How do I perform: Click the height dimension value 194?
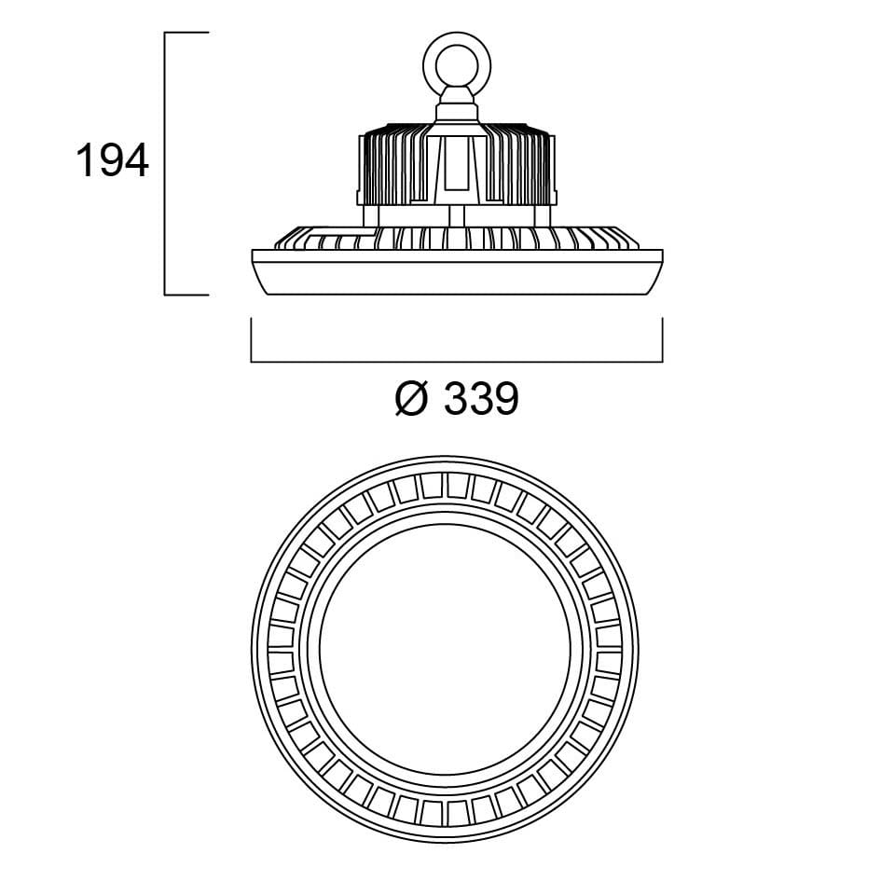pyautogui.click(x=113, y=160)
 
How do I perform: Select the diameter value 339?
pyautogui.click(x=481, y=398)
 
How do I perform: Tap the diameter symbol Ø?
pyautogui.click(x=412, y=398)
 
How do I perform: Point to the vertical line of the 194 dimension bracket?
pyautogui.click(x=165, y=163)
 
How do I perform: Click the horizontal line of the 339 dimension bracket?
pyautogui.click(x=457, y=362)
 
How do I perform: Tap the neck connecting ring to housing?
pyautogui.click(x=457, y=105)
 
